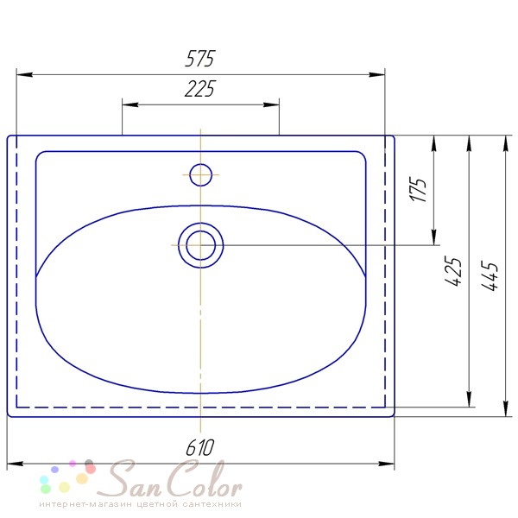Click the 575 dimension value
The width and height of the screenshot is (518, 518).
(200, 59)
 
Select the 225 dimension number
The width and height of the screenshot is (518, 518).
(199, 89)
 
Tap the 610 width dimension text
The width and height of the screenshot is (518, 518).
(200, 447)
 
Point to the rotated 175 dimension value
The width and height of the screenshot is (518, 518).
(418, 189)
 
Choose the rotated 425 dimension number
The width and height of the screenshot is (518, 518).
(453, 270)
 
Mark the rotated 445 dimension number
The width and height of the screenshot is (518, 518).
(489, 276)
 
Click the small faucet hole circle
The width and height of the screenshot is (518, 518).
(200, 174)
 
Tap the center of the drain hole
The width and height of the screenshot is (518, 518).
(200, 245)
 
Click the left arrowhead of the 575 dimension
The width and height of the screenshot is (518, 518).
(24, 74)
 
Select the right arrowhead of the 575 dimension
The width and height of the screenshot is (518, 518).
(376, 74)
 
